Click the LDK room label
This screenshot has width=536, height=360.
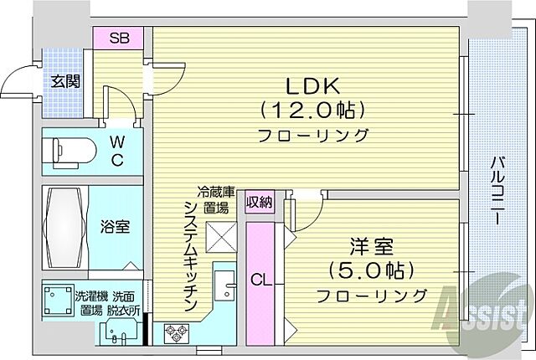tap(314, 86)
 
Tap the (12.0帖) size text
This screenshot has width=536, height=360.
tap(314, 110)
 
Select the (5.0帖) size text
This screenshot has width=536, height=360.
tap(370, 271)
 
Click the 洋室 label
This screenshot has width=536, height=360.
tap(371, 248)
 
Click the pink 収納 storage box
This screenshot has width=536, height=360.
tap(259, 201)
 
